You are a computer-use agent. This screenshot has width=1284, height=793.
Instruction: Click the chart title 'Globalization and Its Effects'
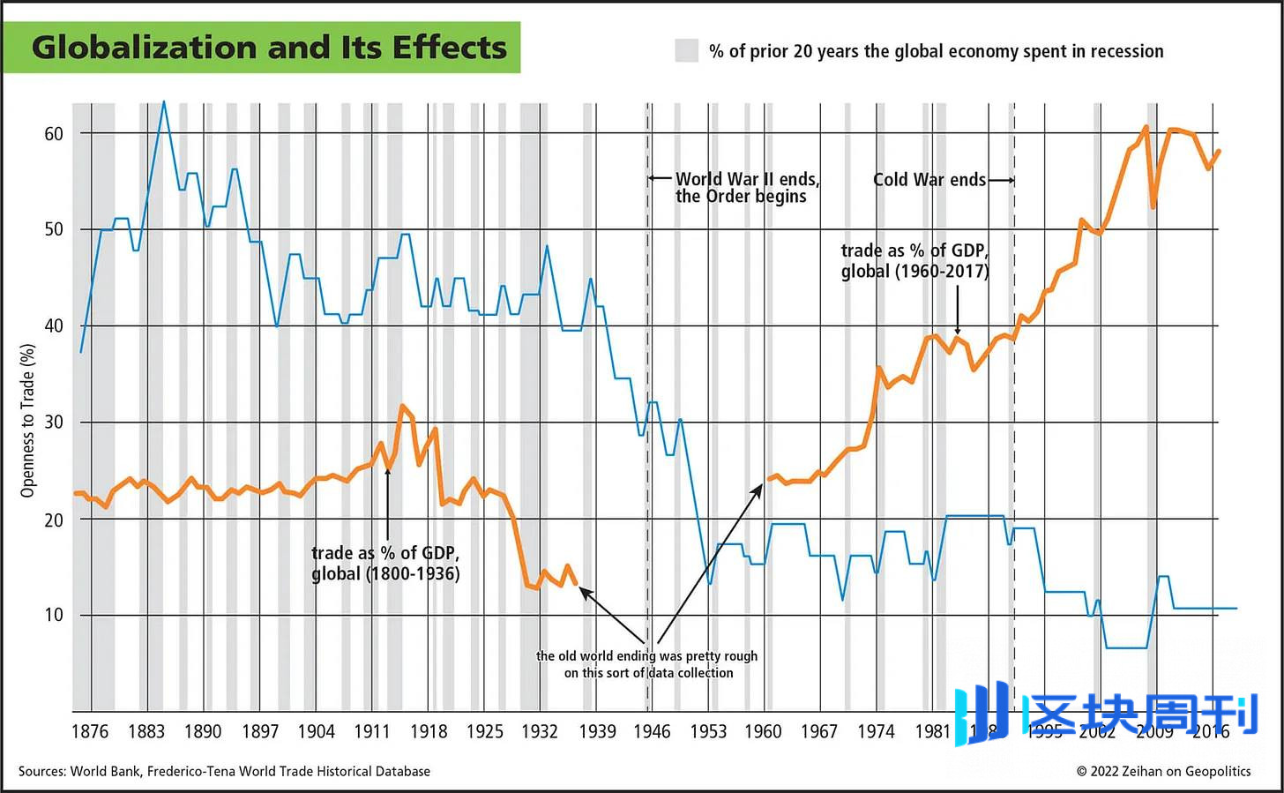point(269,48)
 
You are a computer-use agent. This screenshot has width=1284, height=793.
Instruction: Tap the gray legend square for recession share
point(687,51)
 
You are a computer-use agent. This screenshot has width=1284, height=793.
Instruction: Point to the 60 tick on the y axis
point(54,134)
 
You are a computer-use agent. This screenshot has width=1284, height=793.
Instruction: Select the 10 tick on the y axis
point(54,615)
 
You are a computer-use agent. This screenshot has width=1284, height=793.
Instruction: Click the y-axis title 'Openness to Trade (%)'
point(28,421)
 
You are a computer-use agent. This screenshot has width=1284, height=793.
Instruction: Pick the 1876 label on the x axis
point(90,731)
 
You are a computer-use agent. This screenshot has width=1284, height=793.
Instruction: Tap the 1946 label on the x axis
point(653,731)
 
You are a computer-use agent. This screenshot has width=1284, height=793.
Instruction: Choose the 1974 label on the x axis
point(876,731)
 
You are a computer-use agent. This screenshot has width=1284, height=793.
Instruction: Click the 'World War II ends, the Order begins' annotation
point(747,188)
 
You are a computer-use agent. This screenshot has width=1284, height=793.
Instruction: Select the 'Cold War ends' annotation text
point(929,180)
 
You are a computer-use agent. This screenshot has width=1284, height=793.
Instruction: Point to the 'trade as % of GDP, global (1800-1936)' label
point(385,564)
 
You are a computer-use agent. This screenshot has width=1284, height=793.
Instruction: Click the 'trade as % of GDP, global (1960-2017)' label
point(914,261)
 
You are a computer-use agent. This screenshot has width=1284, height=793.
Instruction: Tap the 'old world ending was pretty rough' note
point(647,664)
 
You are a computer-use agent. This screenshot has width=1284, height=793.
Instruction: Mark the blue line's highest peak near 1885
point(163,102)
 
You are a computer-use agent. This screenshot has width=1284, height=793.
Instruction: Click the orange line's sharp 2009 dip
point(1153,206)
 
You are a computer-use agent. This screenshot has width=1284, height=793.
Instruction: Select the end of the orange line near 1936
point(576,583)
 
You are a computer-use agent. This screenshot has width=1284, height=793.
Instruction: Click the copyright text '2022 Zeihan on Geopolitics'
point(1163,771)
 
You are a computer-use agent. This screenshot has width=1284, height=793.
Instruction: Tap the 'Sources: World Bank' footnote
point(224,771)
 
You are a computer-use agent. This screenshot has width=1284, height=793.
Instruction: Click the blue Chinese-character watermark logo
point(1107,714)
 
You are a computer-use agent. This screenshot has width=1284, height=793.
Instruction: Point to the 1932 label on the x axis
point(540,731)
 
